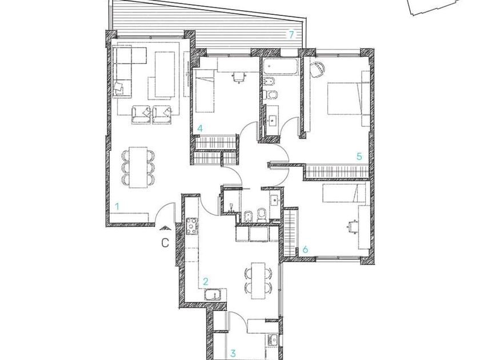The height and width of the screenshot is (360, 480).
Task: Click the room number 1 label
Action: (x=117, y=206)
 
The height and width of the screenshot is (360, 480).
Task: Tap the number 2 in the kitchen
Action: (x=206, y=281)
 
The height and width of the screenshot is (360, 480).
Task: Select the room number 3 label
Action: (x=233, y=354)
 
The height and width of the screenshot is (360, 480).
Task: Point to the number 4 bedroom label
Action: (x=200, y=128)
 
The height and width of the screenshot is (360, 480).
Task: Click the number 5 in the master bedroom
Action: (x=359, y=157)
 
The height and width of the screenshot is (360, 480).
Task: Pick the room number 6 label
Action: (x=305, y=250)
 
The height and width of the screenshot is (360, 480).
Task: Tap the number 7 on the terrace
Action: (x=291, y=35)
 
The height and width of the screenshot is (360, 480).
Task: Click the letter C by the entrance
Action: (x=165, y=243)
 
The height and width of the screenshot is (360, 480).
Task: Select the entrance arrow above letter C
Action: (x=165, y=227)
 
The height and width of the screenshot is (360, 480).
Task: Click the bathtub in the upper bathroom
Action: (x=281, y=66)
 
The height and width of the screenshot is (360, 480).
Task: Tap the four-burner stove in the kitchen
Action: (x=192, y=226)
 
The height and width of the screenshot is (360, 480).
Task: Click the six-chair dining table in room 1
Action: (x=138, y=167)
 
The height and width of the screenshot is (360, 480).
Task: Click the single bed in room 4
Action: (x=205, y=91)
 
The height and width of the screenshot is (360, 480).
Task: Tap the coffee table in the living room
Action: (x=165, y=74)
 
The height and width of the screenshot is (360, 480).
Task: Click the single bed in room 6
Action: (x=344, y=193)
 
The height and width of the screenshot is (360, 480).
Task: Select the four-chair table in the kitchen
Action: (x=258, y=281)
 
